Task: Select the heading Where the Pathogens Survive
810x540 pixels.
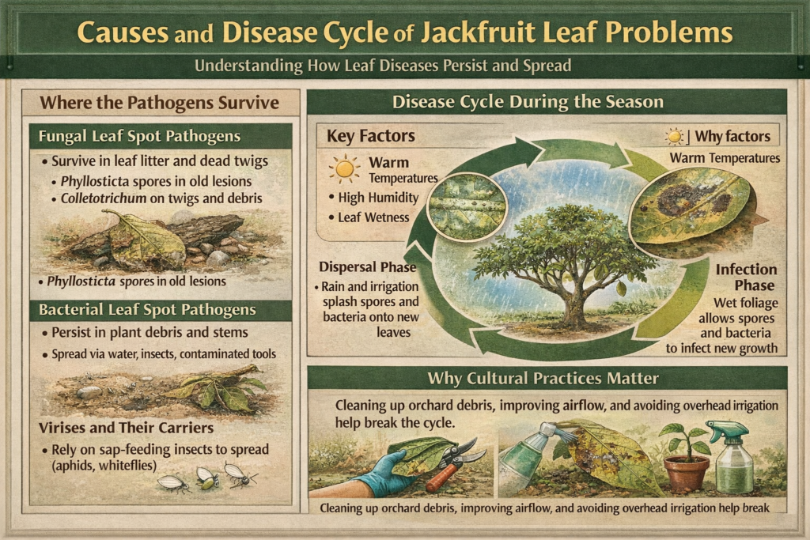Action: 159,102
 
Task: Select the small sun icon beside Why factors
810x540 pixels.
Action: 674,137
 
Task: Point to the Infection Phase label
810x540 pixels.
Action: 746,278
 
